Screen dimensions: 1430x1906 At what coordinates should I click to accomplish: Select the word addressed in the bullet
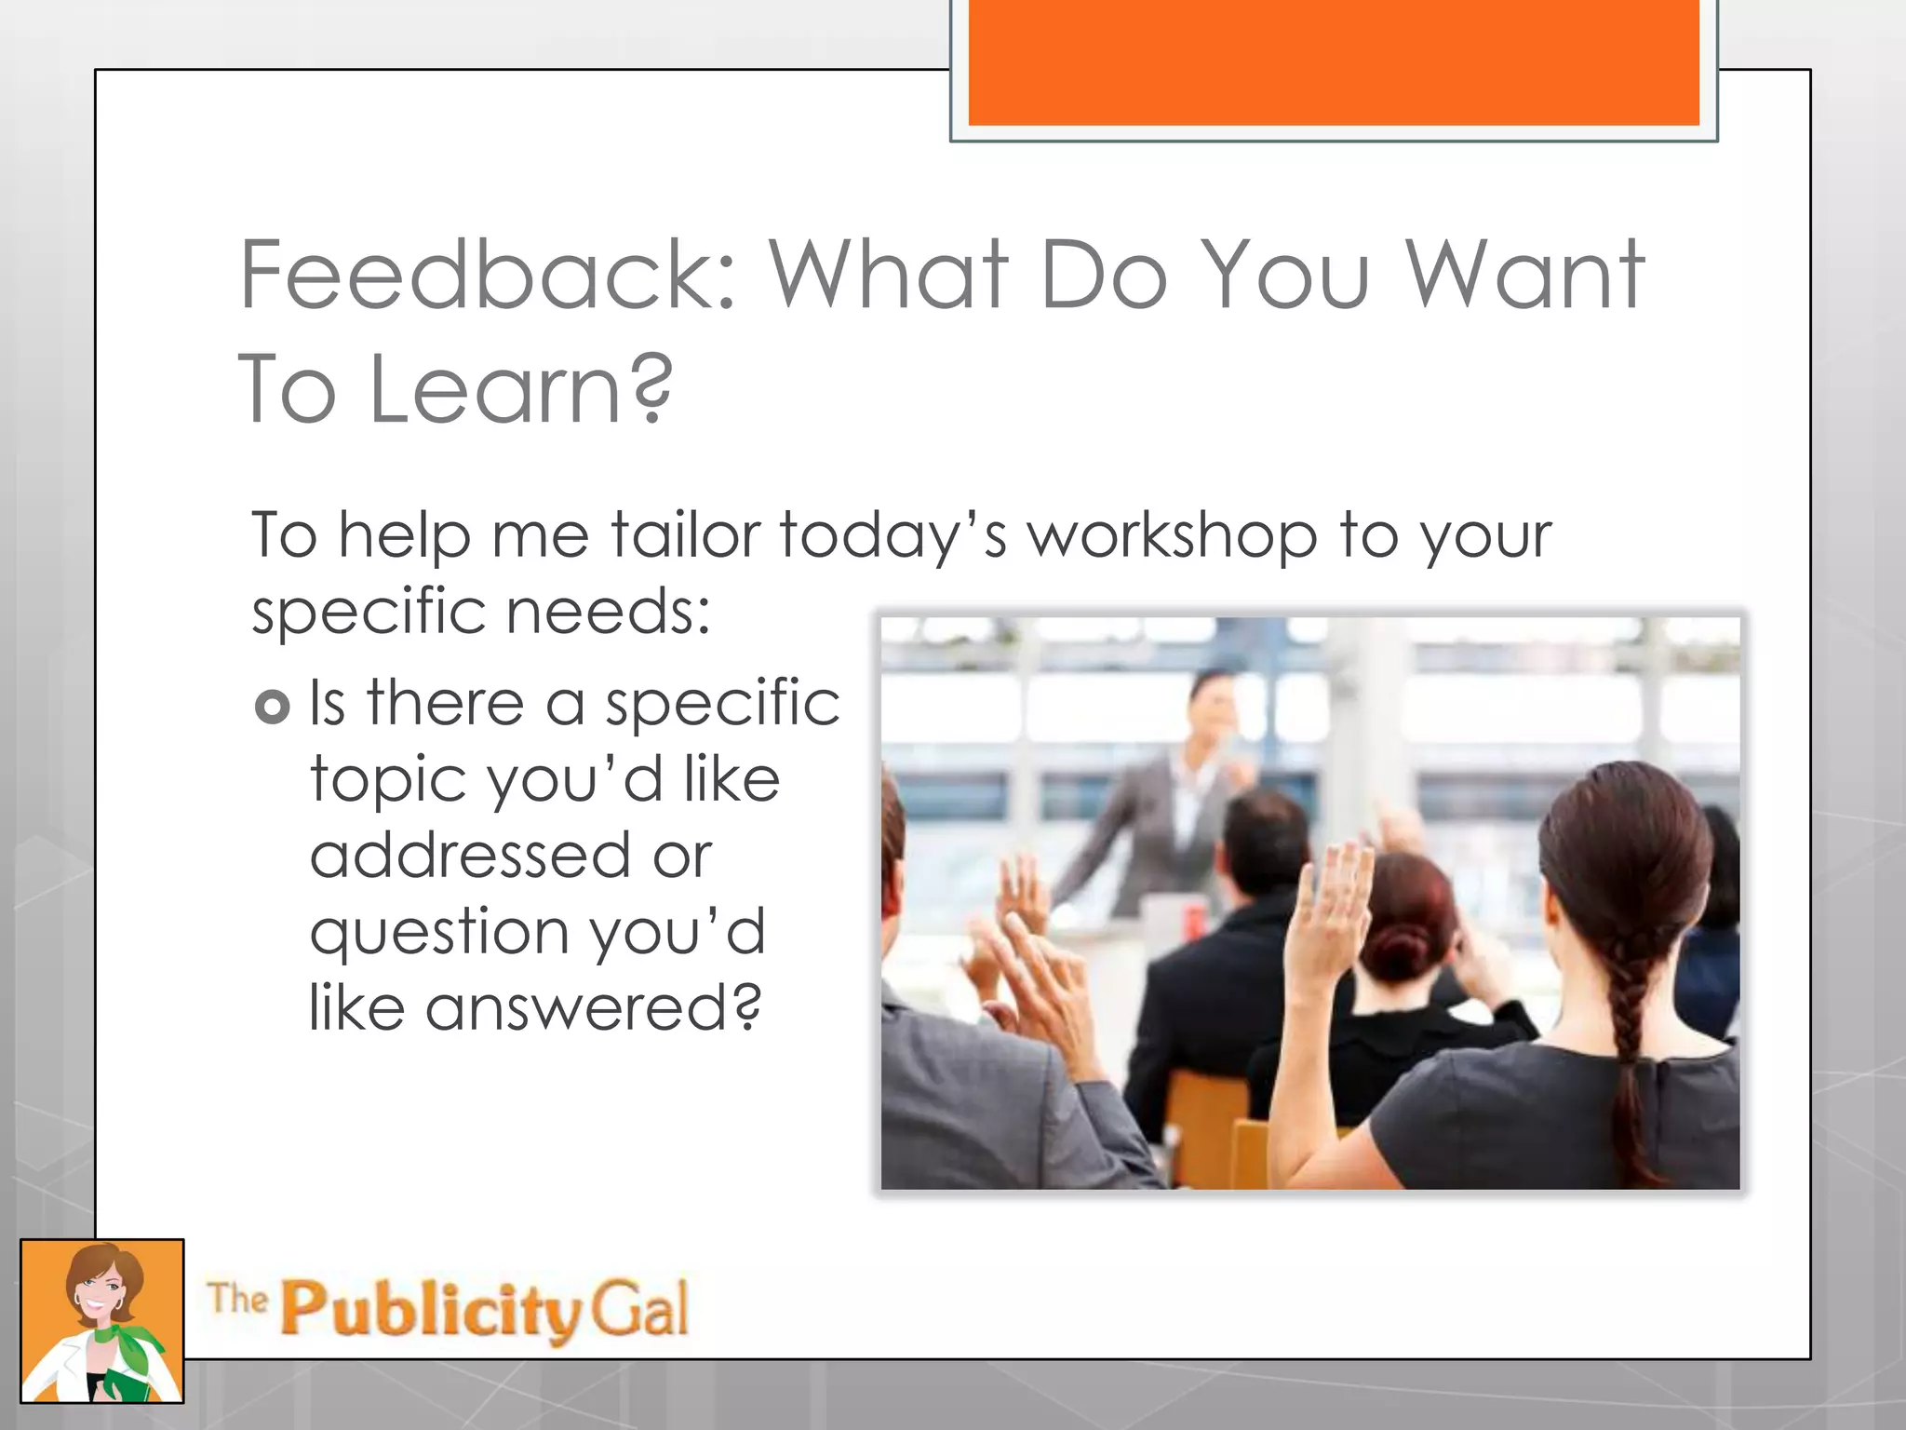[x=470, y=856]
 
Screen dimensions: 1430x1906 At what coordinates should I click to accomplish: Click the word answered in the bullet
[x=593, y=1008]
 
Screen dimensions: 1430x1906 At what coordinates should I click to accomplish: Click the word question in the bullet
[x=438, y=933]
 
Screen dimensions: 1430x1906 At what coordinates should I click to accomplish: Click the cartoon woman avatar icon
[x=102, y=1321]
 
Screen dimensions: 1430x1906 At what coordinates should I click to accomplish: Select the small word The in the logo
[x=237, y=1298]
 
